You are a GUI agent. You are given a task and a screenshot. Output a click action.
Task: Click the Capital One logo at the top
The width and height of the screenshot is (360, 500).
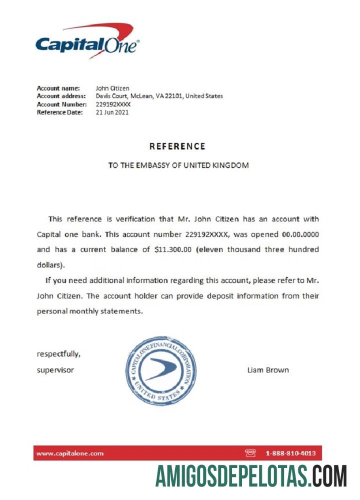click(x=87, y=42)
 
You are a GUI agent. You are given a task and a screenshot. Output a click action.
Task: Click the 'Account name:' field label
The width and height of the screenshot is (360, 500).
click(x=58, y=88)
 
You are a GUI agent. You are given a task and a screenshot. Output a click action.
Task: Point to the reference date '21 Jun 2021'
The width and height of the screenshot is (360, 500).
click(x=112, y=112)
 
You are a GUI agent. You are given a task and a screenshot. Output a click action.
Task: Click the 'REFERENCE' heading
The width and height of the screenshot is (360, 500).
click(x=177, y=146)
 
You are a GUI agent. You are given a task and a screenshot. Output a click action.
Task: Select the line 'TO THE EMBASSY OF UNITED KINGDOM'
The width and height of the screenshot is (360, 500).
click(x=178, y=165)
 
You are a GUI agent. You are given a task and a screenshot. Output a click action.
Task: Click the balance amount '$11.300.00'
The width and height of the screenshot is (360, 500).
click(x=173, y=249)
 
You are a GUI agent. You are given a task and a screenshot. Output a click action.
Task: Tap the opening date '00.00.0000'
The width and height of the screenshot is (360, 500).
click(x=300, y=234)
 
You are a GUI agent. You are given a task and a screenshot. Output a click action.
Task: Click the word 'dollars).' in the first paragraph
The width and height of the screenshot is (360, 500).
click(x=51, y=265)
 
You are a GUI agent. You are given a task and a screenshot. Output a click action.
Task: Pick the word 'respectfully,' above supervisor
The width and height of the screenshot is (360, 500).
click(x=58, y=354)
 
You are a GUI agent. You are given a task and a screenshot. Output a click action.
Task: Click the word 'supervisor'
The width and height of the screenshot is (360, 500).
click(x=55, y=370)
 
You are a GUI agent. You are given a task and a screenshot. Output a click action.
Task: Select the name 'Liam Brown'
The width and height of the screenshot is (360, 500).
click(x=267, y=370)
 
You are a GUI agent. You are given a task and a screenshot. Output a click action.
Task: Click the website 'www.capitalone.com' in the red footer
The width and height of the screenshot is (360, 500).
click(x=70, y=453)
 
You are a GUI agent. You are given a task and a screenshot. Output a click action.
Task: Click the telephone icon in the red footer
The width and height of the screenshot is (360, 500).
click(x=250, y=453)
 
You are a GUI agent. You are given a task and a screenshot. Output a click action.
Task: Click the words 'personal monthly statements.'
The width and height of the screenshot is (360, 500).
click(x=90, y=311)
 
